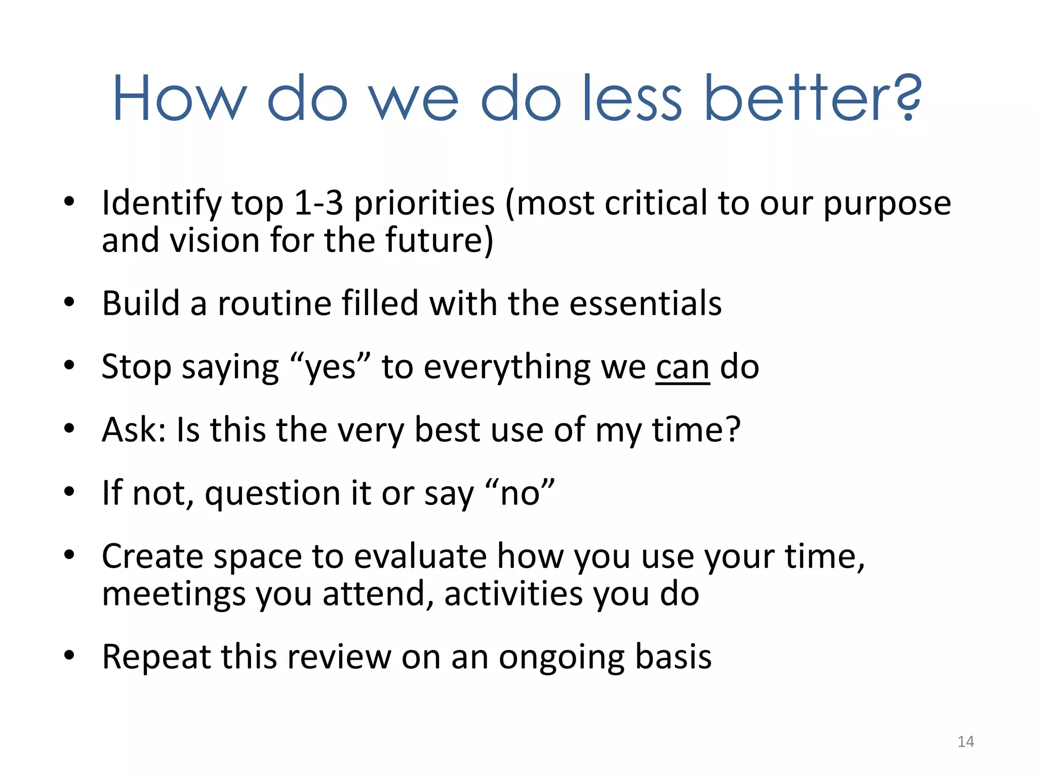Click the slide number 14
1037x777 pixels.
click(x=966, y=742)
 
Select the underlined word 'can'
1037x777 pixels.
click(x=683, y=368)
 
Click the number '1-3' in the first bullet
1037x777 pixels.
click(x=318, y=203)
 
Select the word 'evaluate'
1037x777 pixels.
click(x=420, y=556)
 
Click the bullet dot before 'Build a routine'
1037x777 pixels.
click(x=69, y=303)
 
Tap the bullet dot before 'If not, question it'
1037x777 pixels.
click(x=69, y=492)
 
